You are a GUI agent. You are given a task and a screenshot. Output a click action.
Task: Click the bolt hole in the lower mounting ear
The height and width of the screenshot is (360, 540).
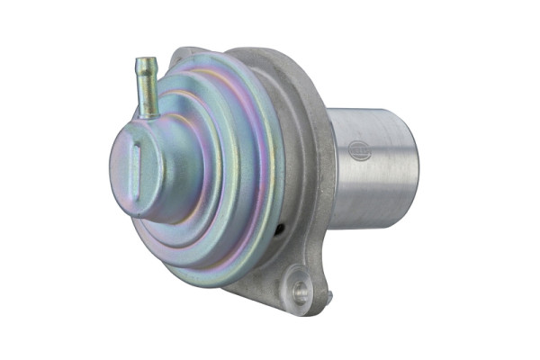[x=300, y=292]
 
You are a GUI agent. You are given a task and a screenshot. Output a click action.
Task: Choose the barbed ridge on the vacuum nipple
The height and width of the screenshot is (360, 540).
[x=144, y=74]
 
